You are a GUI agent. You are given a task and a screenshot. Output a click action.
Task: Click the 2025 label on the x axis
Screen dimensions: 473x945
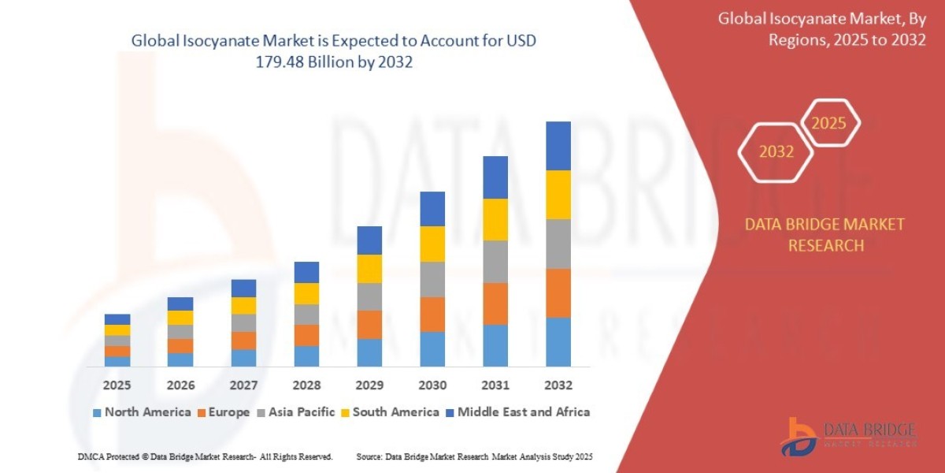(117, 385)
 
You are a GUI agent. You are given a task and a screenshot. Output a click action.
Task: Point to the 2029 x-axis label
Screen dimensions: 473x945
(369, 385)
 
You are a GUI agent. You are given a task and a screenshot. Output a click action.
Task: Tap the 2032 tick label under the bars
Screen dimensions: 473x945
(558, 385)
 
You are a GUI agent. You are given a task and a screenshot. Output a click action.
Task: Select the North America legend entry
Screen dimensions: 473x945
(141, 412)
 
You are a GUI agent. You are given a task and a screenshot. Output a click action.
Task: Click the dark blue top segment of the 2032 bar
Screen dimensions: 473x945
(558, 146)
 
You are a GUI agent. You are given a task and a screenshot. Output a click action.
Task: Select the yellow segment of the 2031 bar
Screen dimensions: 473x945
(495, 219)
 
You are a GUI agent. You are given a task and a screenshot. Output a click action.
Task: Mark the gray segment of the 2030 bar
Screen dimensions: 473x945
(432, 279)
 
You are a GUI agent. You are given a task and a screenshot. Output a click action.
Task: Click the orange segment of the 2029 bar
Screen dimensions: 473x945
(369, 325)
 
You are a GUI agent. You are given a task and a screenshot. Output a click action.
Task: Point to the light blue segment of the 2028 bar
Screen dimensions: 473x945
(306, 356)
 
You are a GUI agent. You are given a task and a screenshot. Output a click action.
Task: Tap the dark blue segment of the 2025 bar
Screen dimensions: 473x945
(117, 319)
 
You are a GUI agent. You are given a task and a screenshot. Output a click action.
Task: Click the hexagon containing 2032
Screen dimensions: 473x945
(775, 152)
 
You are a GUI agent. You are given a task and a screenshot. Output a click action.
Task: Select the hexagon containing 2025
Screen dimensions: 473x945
(828, 123)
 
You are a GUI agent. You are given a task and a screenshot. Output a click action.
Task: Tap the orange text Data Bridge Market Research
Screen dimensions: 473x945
(825, 235)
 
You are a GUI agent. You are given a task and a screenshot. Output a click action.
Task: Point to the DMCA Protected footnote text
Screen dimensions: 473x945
(205, 456)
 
